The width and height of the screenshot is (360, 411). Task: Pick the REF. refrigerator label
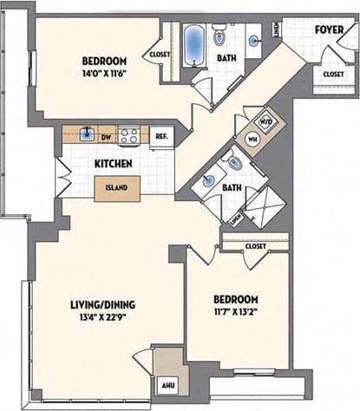(x=161, y=136)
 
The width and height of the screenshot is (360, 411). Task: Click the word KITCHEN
(x=114, y=162)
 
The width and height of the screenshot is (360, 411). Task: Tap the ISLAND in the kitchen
(x=117, y=186)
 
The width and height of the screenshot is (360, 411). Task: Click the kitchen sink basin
(x=87, y=134)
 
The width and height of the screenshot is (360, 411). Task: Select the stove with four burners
(x=130, y=135)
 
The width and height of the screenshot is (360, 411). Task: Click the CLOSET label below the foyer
(x=333, y=75)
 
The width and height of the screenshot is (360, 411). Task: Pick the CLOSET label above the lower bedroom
(x=255, y=246)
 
